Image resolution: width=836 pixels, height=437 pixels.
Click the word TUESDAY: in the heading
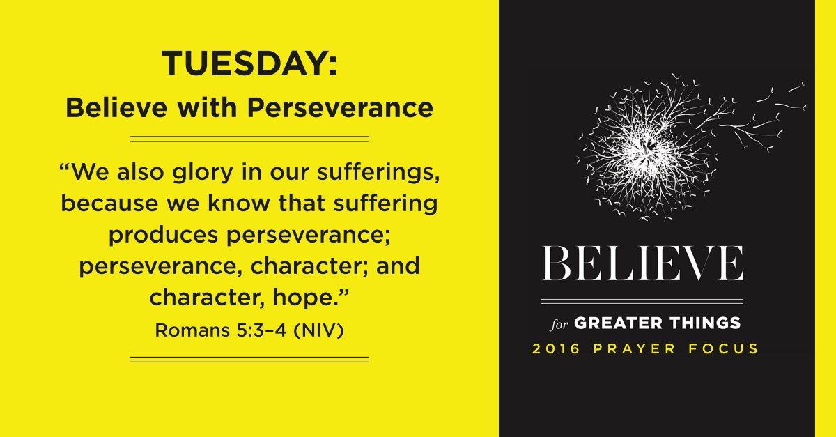(249, 64)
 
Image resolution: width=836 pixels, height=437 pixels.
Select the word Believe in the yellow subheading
(109, 108)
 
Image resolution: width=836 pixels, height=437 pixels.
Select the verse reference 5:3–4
(256, 330)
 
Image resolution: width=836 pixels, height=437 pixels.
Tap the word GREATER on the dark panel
(613, 323)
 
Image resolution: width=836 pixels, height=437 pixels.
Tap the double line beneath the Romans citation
(249, 359)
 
